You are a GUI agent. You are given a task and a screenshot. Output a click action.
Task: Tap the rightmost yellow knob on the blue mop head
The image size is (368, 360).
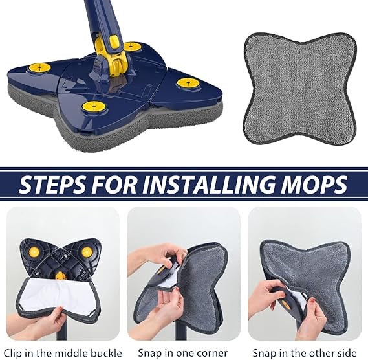coord(188,82)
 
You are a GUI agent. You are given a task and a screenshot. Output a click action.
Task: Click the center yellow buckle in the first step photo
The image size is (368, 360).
coord(61,277)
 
